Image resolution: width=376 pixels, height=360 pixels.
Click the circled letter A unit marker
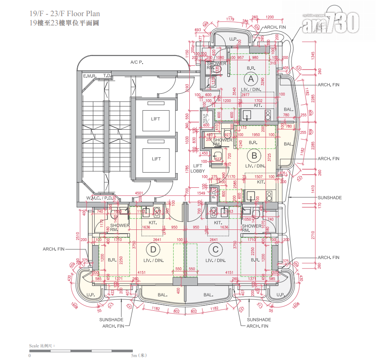[251, 79]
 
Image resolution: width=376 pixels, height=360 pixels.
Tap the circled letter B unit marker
[254, 156]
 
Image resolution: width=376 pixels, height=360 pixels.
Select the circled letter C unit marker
[216, 250]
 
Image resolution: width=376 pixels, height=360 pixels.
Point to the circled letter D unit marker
[153, 250]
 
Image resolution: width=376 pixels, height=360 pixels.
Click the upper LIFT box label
[156, 119]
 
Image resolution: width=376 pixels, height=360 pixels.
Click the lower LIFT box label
[156, 159]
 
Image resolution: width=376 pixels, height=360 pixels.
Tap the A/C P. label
[137, 62]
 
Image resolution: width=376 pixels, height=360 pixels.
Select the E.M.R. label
[90, 76]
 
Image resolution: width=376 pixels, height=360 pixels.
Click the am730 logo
[331, 22]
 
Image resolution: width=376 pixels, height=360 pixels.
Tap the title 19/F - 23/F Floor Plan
[65, 14]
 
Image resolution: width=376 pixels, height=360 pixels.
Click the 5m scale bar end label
[139, 355]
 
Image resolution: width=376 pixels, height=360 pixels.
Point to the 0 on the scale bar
[29, 355]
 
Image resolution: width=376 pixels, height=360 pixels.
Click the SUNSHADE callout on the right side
[329, 198]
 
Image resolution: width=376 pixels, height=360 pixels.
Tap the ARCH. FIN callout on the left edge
[53, 249]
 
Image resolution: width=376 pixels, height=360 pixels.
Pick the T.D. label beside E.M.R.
[107, 76]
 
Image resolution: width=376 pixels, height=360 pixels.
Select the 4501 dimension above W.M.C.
[138, 194]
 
